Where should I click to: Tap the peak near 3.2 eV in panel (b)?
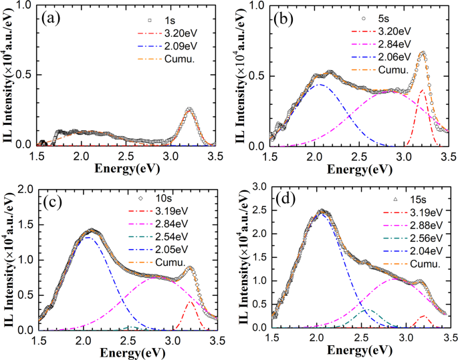pyautogui.click(x=422, y=53)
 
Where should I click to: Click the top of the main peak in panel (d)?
pyautogui.click(x=323, y=211)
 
